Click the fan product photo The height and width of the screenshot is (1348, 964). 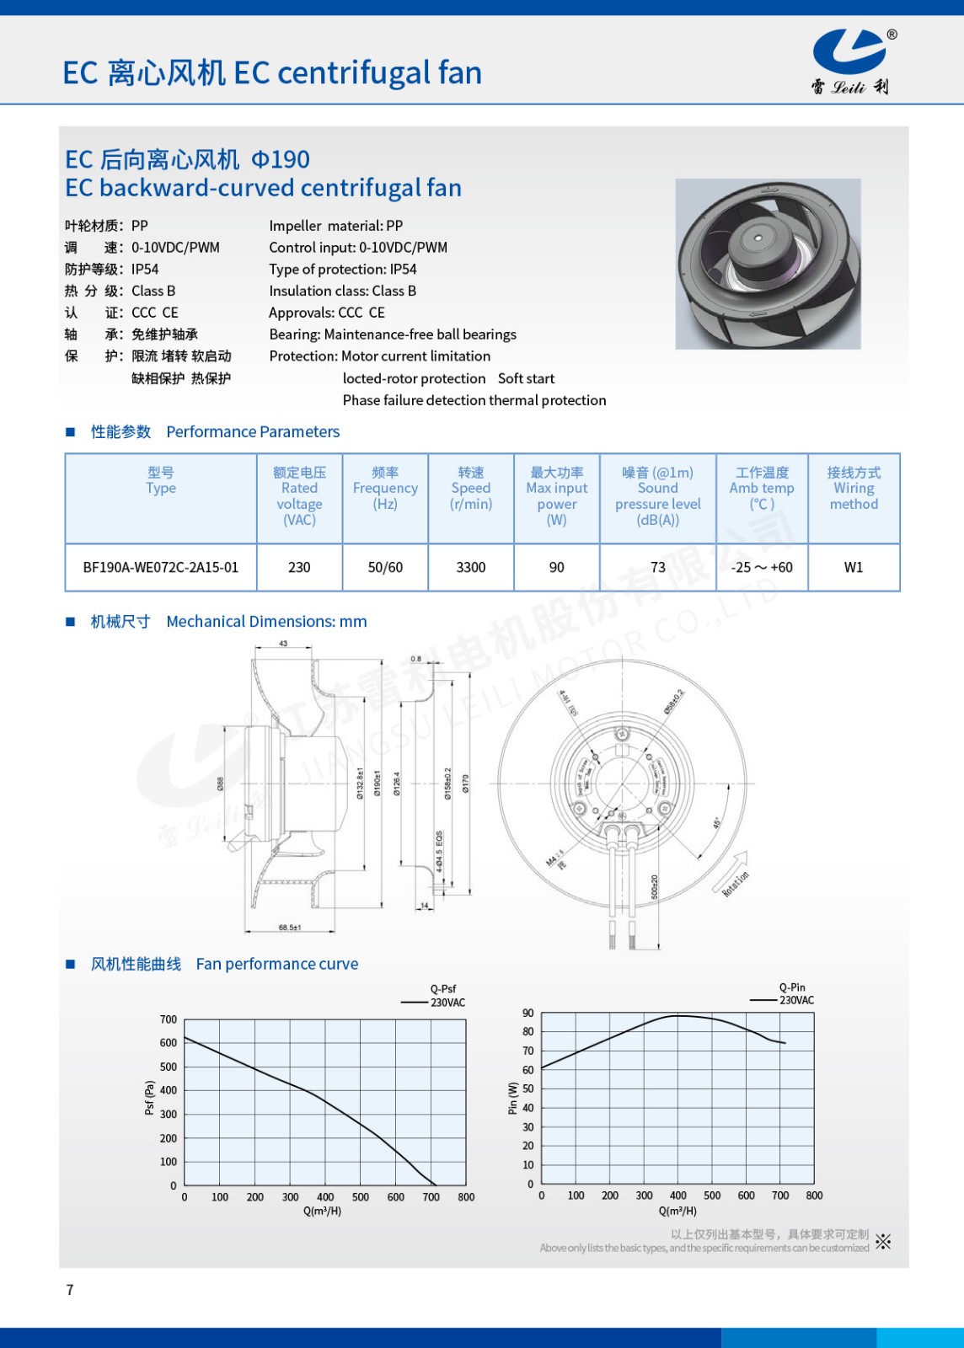(768, 263)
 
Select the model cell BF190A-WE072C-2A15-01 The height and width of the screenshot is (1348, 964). (160, 567)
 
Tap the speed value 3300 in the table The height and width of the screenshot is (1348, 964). (470, 567)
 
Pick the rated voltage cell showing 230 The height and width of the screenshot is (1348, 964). (299, 567)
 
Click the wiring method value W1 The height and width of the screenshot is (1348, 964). (853, 567)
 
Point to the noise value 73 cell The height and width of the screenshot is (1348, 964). (657, 567)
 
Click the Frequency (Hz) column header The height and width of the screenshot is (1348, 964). (385, 488)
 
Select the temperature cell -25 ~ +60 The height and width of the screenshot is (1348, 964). (762, 567)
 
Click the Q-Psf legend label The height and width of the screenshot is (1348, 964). (443, 989)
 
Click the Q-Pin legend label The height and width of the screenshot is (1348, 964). (792, 987)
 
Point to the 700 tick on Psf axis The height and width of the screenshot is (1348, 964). (169, 1019)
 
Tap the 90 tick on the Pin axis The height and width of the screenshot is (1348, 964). (528, 1013)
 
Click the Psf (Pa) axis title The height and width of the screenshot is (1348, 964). (150, 1098)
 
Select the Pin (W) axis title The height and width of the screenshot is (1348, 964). (512, 1098)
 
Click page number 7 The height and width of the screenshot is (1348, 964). (70, 1290)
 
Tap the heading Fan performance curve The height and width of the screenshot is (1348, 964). (276, 964)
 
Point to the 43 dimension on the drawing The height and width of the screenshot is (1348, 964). (283, 644)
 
